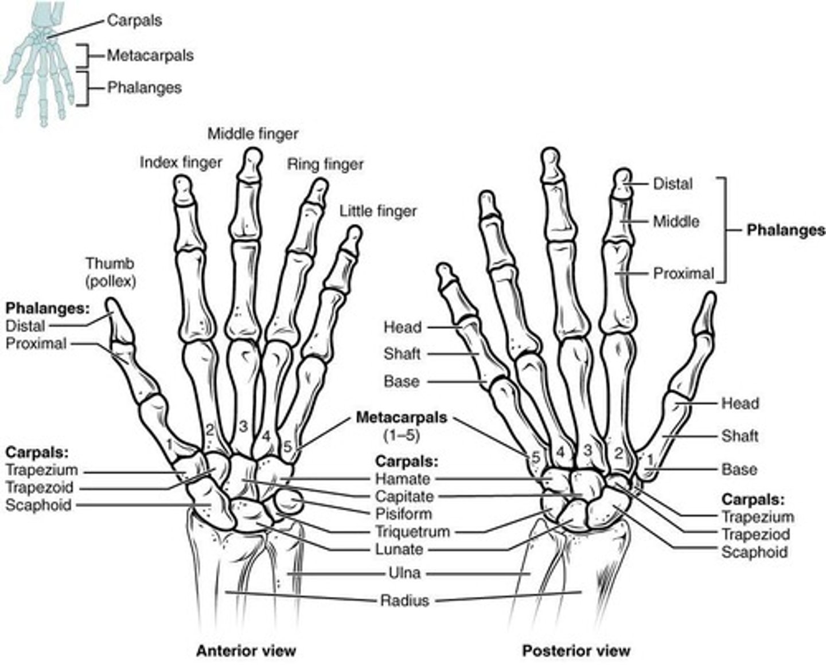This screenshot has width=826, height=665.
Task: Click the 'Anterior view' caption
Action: coord(246,651)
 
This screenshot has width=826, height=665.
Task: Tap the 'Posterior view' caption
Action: coord(576,651)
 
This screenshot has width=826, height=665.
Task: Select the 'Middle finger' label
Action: coord(253,134)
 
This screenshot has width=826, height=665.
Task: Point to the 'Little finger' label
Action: coord(378,211)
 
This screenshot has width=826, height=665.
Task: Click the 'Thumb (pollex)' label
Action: coord(110,272)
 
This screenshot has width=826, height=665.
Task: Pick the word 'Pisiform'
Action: coord(403,514)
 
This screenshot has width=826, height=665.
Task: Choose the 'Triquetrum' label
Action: coord(412,531)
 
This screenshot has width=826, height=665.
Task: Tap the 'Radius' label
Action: coord(404,601)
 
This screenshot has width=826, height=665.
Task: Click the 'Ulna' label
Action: coord(404,573)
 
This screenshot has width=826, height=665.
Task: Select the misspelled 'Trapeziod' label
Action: coord(755,534)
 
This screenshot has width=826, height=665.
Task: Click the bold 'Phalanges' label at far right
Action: coord(785,230)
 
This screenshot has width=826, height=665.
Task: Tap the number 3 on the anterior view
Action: coord(243,426)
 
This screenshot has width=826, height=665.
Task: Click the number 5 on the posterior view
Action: coord(536,457)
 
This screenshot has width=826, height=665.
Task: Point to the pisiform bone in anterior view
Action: coord(289,502)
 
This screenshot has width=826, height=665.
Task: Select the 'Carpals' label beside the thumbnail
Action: coord(135,21)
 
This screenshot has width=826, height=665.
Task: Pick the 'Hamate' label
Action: coord(402,479)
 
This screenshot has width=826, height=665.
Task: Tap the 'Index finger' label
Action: coord(181,163)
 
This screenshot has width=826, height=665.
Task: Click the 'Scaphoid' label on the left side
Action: coord(38,505)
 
